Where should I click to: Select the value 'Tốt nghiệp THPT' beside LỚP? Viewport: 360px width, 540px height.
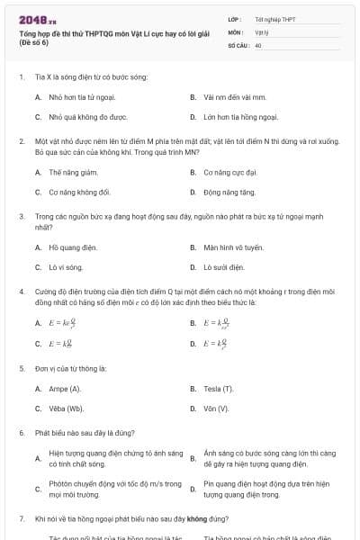coord(274,18)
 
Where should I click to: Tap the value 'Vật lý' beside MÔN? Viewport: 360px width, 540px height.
coord(263,31)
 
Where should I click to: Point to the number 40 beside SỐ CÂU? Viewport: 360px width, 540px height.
coord(258,44)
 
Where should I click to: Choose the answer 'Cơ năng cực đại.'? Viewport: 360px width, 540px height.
coord(230,172)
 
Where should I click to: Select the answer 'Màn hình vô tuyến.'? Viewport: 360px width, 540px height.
coord(233,247)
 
